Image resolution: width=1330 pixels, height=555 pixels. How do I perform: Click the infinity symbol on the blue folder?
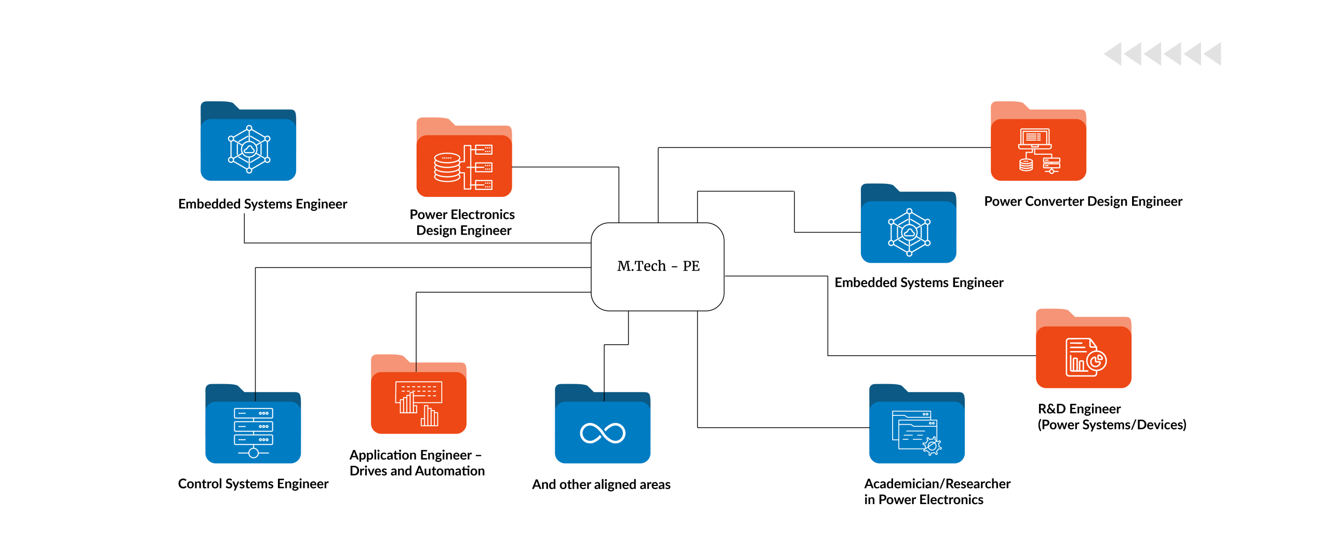pyautogui.click(x=602, y=433)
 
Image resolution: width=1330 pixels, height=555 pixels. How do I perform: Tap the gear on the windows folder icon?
pyautogui.click(x=932, y=446)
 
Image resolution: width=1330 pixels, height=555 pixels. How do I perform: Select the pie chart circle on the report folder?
pyautogui.click(x=1097, y=360)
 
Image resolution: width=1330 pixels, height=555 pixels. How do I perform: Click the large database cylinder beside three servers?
pyautogui.click(x=447, y=167)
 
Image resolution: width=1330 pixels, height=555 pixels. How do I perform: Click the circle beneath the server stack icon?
pyautogui.click(x=254, y=453)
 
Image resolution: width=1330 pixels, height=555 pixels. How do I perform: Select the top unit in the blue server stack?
pyautogui.click(x=254, y=413)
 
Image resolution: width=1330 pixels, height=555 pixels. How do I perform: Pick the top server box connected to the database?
pyautogui.click(x=484, y=150)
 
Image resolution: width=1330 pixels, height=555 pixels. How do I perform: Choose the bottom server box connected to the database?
pyautogui.click(x=484, y=185)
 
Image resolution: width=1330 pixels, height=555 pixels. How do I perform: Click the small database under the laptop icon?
pyautogui.click(x=1026, y=165)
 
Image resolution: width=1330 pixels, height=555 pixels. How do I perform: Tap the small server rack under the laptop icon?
pyautogui.click(x=1052, y=164)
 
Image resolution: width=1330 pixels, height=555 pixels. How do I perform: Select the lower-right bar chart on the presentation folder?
pyautogui.click(x=430, y=416)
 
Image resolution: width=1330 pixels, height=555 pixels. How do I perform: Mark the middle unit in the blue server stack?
pyautogui.click(x=254, y=426)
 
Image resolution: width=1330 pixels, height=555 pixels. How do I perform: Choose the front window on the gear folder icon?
pyautogui.click(x=914, y=435)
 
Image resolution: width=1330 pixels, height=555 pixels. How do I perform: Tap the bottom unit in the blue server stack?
pyautogui.click(x=254, y=440)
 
